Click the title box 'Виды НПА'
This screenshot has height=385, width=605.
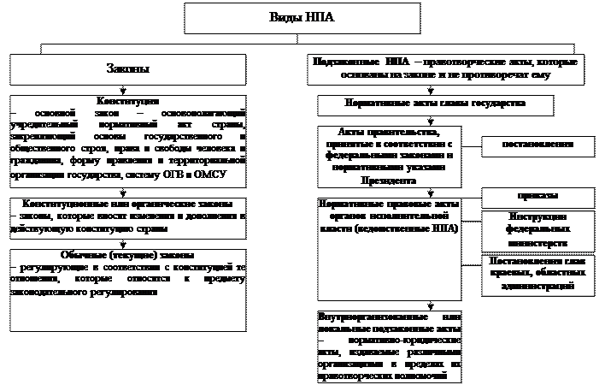[x=302, y=18]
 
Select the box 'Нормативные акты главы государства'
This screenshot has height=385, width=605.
[x=435, y=104]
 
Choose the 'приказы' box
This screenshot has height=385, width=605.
[x=538, y=197]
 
